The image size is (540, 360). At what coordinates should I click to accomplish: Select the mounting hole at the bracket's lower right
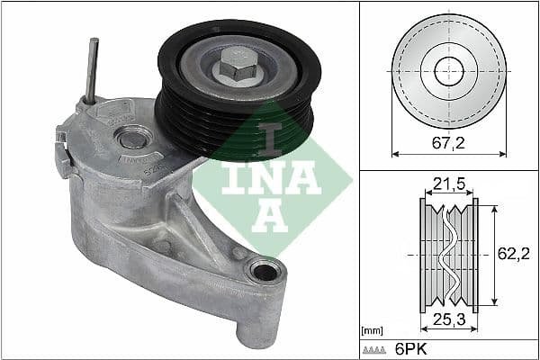(265, 269)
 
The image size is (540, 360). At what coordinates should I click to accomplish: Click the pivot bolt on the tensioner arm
(132, 138)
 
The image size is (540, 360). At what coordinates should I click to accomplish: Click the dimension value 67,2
(447, 140)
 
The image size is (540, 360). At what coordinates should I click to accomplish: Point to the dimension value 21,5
(448, 184)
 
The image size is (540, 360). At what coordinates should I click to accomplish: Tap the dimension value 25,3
(448, 318)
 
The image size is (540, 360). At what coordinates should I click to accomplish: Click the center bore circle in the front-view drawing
(448, 71)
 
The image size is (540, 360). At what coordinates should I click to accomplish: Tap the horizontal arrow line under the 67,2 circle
(448, 153)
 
